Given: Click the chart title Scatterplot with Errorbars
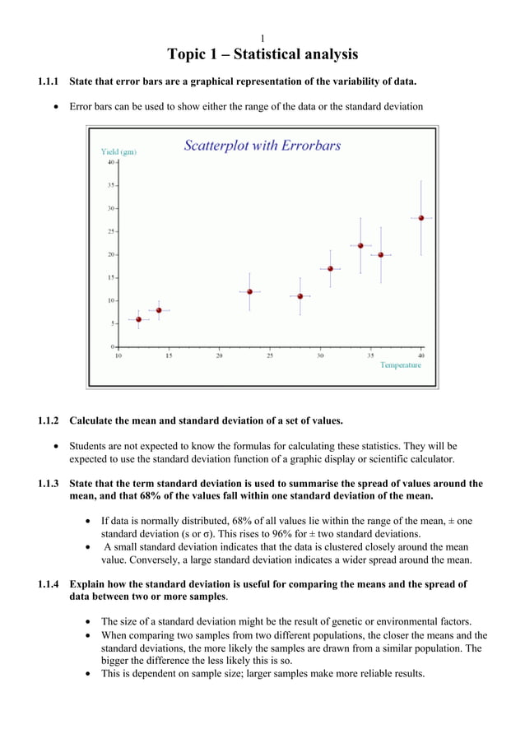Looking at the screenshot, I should click(262, 146).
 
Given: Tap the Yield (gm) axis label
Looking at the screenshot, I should click(118, 151).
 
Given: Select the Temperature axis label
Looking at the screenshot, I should click(400, 365).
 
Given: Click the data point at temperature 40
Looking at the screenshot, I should click(421, 218).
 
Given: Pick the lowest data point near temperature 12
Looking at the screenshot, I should click(138, 319).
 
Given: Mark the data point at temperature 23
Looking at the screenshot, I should click(249, 291).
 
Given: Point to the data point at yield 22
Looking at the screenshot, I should click(360, 245).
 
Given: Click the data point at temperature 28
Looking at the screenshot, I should click(300, 296).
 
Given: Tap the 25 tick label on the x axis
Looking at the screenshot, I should click(269, 355).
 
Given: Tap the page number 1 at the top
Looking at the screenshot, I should click(262, 39).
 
